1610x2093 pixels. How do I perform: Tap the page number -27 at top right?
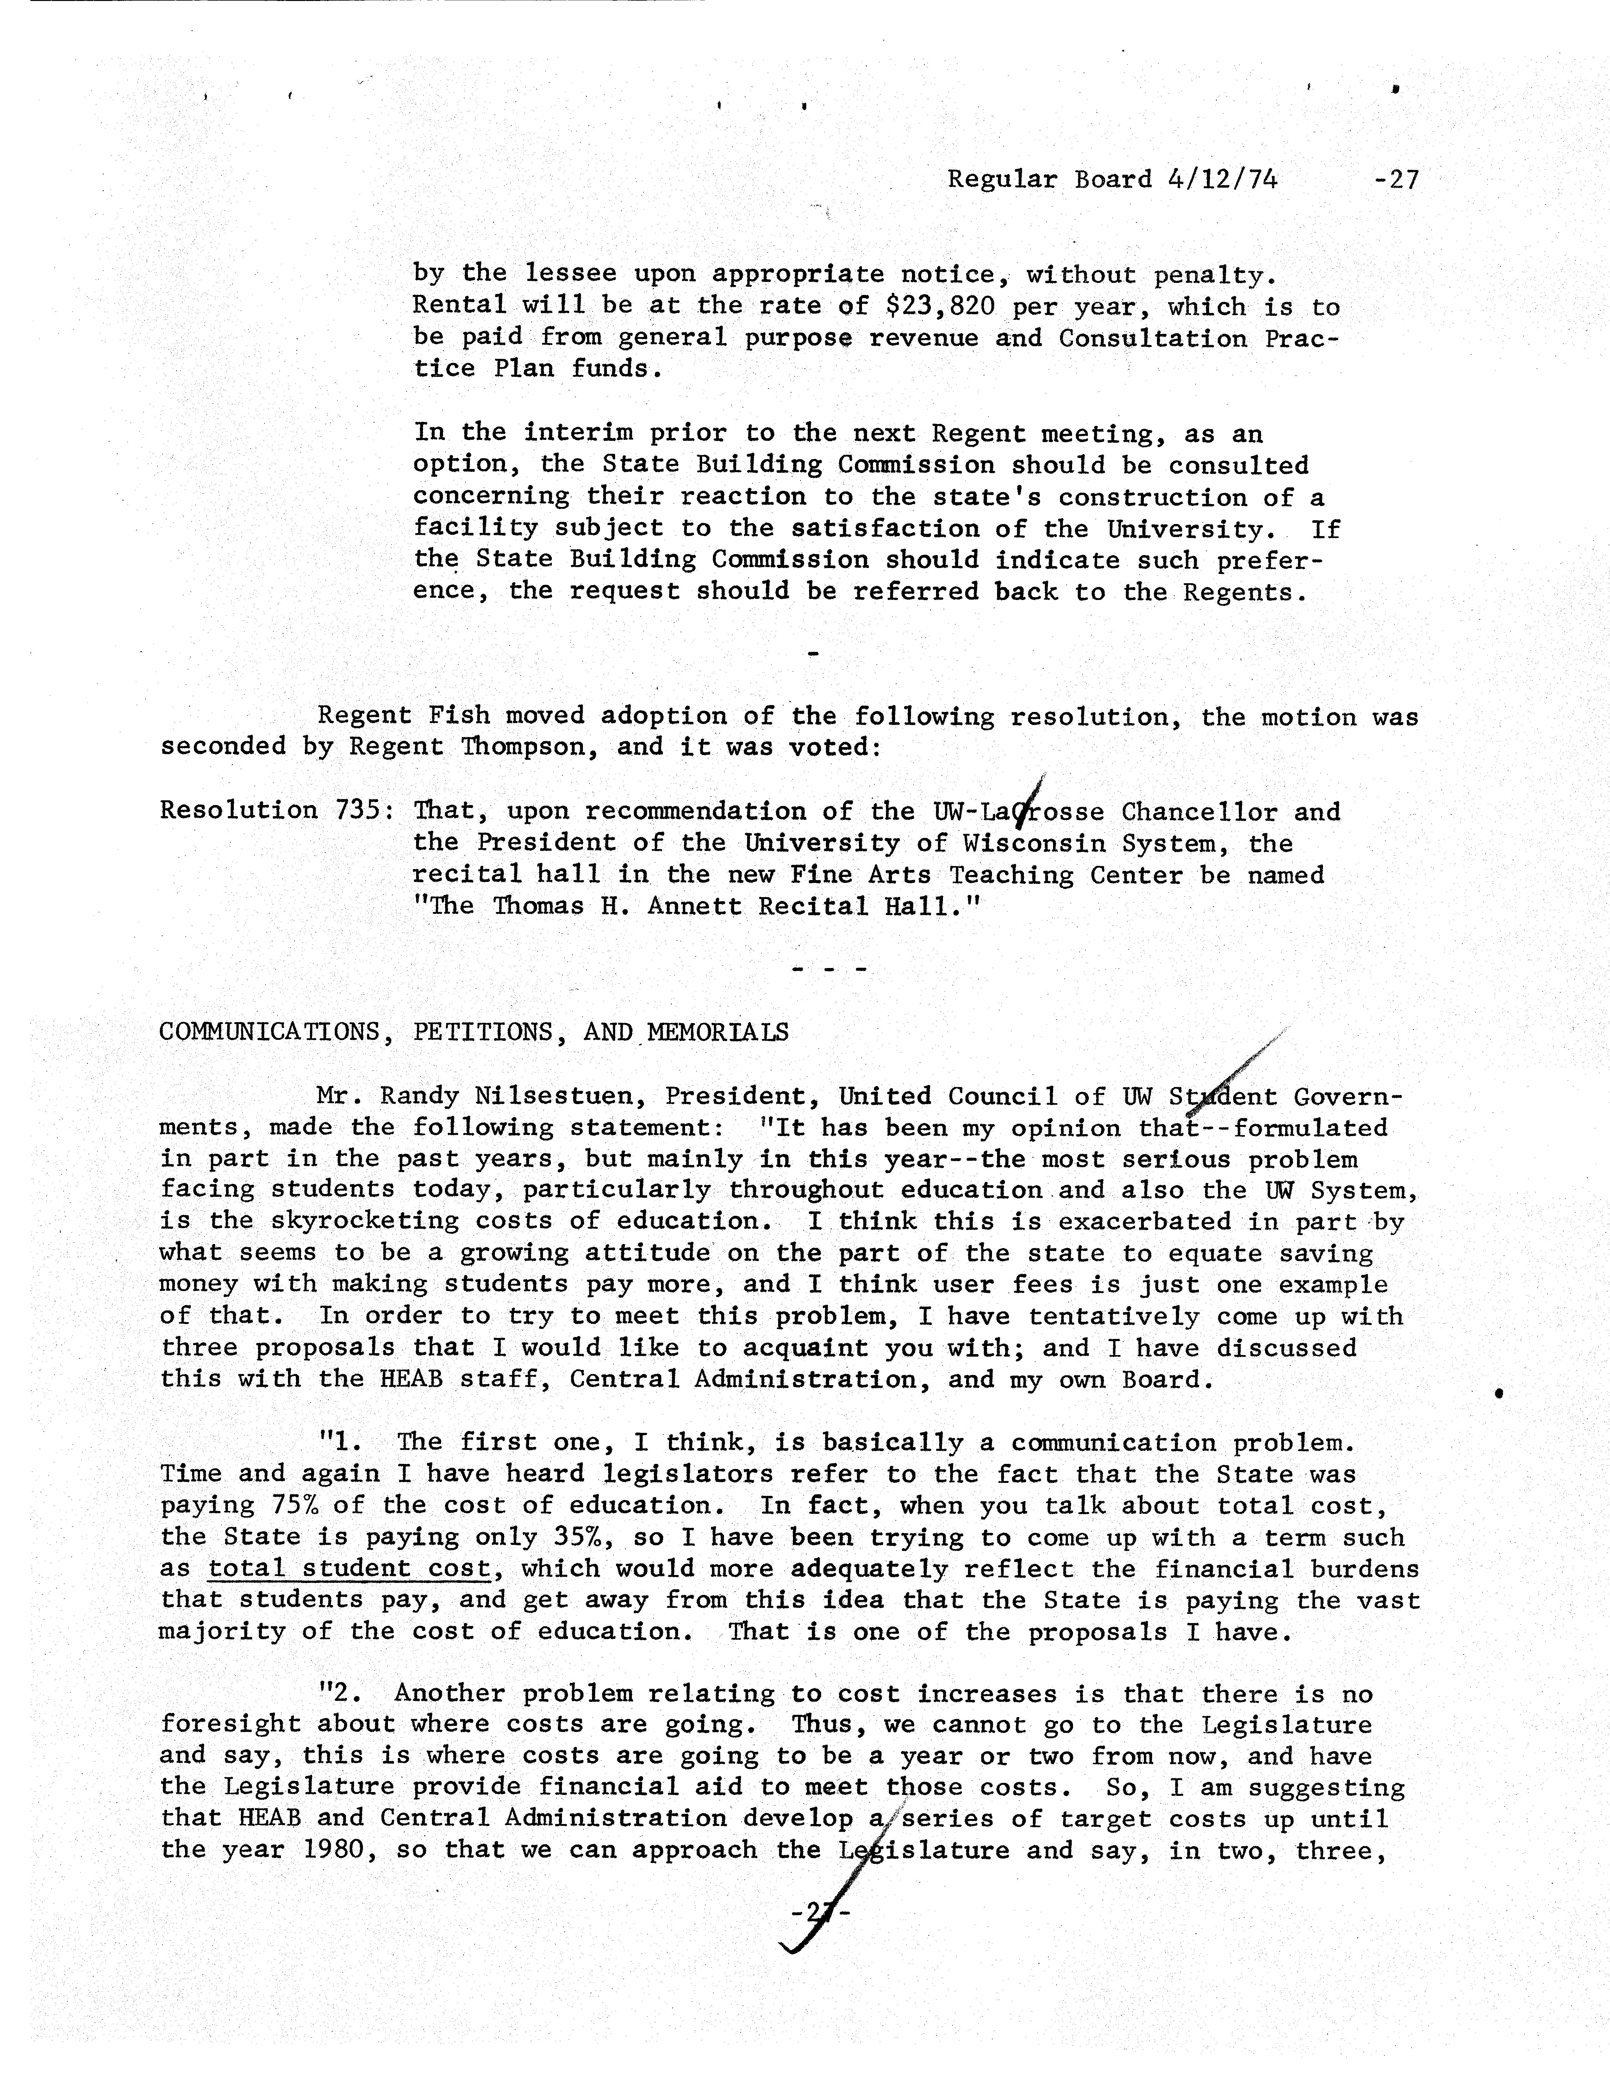1396,179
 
